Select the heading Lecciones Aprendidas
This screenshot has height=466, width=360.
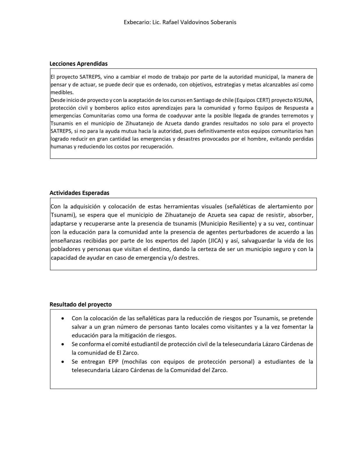(x=79, y=63)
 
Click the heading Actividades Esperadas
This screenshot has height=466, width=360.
(x=80, y=193)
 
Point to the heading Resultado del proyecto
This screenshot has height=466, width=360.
(x=81, y=304)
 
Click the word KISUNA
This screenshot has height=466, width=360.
(x=303, y=100)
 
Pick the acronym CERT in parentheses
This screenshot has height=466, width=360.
(x=263, y=100)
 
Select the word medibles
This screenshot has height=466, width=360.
(x=62, y=93)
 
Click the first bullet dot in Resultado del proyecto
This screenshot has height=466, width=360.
(x=63, y=318)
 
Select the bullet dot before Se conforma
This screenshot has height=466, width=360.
(x=63, y=344)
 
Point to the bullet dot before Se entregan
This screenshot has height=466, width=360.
(x=63, y=362)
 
